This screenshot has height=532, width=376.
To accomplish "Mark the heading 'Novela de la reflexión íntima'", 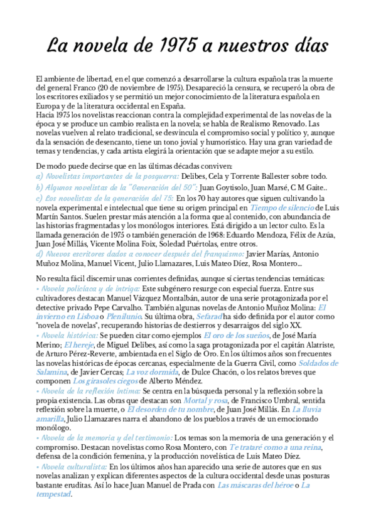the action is (x=89, y=390).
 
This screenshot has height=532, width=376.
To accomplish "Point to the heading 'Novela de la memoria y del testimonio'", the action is (x=105, y=437).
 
